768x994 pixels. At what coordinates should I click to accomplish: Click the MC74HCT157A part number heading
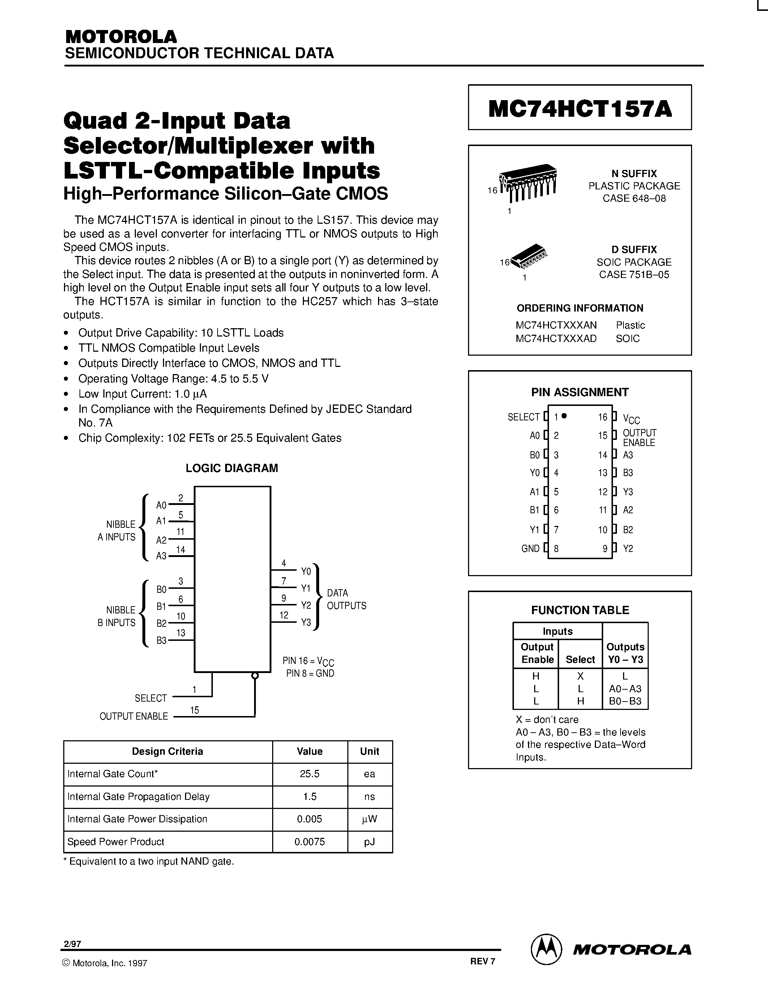pos(580,109)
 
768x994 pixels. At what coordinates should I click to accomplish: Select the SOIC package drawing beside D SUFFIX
pos(529,256)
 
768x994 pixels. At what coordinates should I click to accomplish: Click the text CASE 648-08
pos(634,198)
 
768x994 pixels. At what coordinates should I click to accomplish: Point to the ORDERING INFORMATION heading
pos(580,308)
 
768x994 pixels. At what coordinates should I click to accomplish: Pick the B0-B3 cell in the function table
pos(625,701)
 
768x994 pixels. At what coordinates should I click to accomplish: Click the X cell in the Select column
pos(580,676)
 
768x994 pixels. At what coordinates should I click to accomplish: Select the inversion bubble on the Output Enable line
pos(255,676)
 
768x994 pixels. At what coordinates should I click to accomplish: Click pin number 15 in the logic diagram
pos(195,710)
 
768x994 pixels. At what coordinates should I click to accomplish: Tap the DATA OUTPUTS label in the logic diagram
pos(346,599)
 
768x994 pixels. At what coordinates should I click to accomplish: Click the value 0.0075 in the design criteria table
pos(309,841)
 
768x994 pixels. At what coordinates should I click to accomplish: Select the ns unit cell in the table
pos(369,797)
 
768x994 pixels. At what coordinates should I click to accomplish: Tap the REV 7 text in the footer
pos(482,961)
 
